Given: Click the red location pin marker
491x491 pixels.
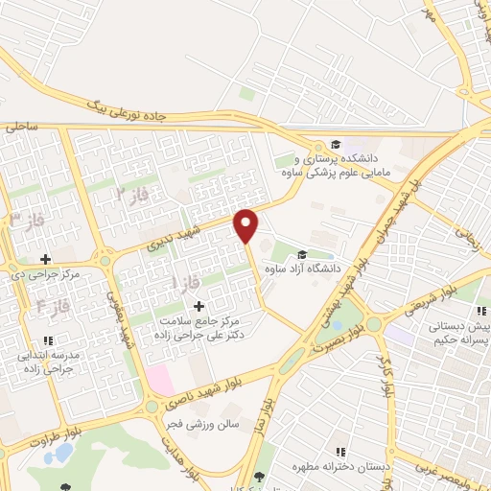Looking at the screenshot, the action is pyautogui.click(x=247, y=225).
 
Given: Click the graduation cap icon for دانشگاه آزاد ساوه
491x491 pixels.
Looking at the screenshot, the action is pyautogui.click(x=303, y=254).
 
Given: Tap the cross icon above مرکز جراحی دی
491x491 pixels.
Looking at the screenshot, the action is pyautogui.click(x=46, y=259).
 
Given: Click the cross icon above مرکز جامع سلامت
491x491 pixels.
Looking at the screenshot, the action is pyautogui.click(x=199, y=306).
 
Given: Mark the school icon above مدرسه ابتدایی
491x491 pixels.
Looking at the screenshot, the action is pyautogui.click(x=48, y=339).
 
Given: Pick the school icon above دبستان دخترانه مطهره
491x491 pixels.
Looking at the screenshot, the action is pyautogui.click(x=339, y=451).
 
